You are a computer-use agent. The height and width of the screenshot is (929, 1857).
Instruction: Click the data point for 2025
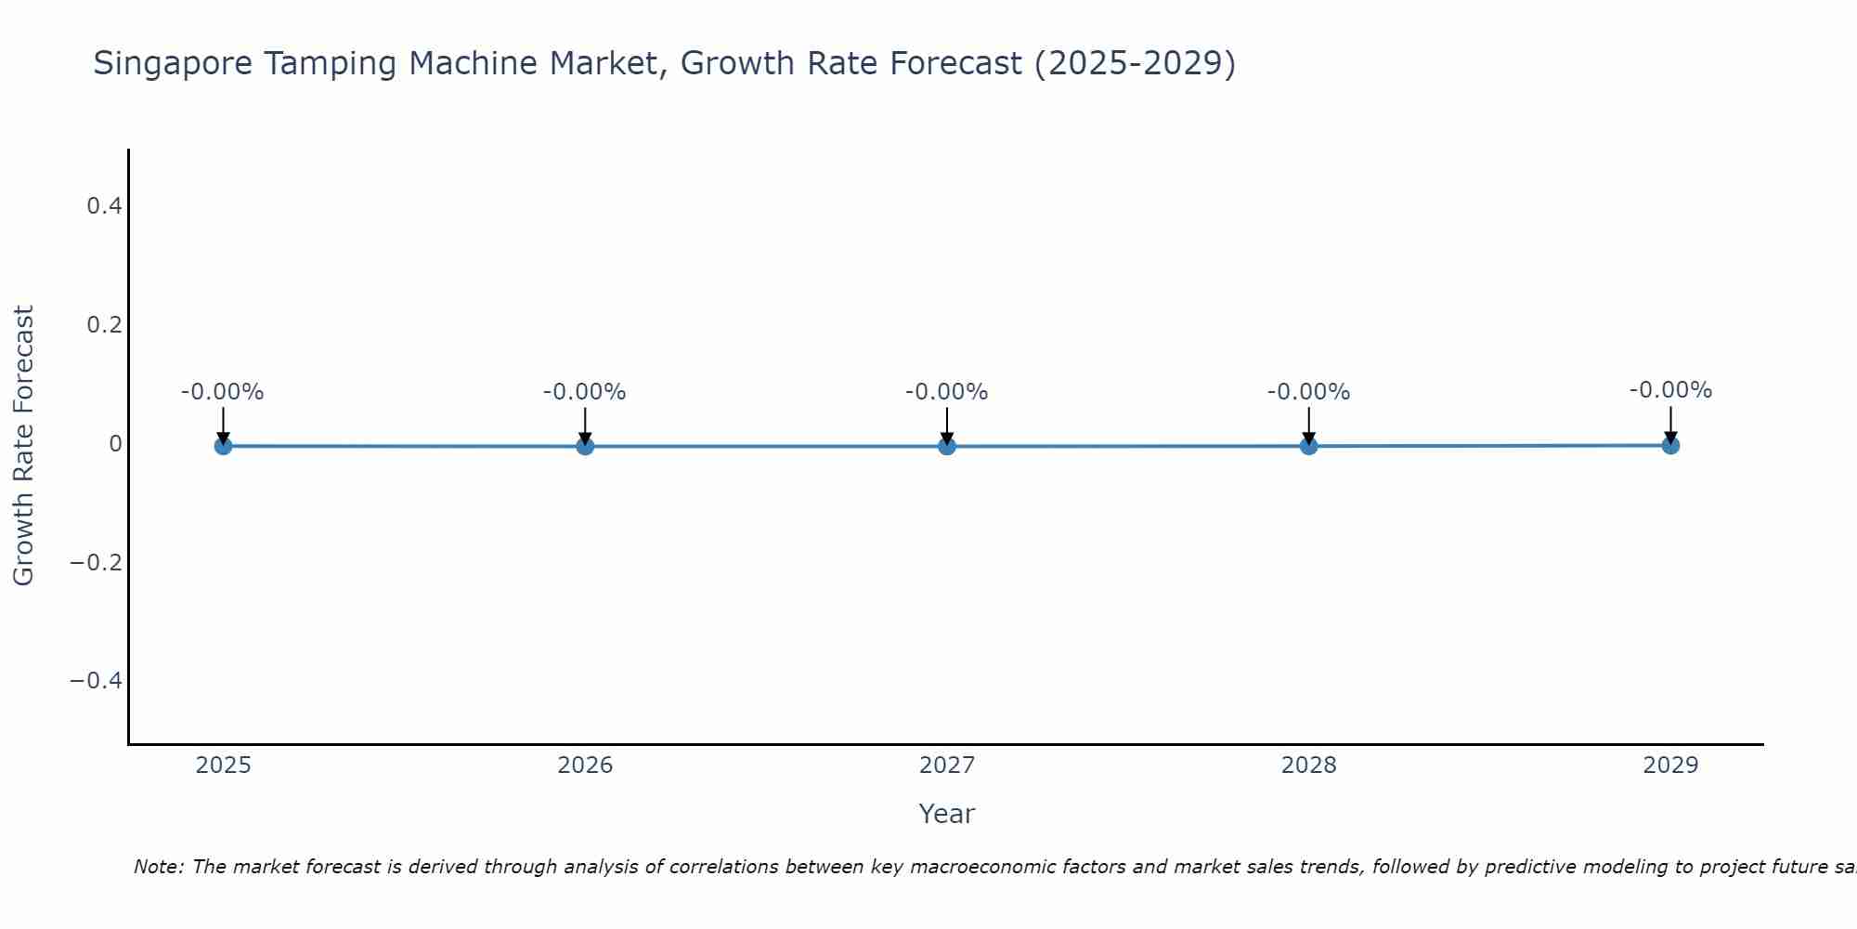point(223,446)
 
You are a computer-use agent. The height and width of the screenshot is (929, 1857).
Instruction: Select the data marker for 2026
point(585,446)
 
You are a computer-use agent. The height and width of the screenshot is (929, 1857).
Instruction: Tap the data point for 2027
point(947,446)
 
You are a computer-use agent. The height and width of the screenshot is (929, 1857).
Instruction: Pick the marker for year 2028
point(1308,446)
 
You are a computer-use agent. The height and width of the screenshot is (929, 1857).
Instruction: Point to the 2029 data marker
point(1670,445)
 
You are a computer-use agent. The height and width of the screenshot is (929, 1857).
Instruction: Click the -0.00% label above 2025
point(223,392)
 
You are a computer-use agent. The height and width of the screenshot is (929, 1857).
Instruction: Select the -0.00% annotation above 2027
point(947,392)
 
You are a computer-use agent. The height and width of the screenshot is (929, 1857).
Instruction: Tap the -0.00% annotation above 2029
point(1670,390)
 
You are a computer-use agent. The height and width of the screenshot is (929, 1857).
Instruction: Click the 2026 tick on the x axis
point(585,765)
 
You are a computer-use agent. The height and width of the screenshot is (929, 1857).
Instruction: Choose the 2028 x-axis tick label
point(1308,765)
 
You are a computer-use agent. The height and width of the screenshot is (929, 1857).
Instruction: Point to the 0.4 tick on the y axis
point(104,206)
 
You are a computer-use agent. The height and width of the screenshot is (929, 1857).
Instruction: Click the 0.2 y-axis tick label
point(104,325)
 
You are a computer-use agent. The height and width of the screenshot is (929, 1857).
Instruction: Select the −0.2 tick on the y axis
point(97,563)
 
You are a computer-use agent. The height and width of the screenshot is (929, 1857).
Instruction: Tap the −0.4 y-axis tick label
point(97,682)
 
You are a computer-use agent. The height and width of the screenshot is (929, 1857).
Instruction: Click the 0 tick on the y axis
point(115,444)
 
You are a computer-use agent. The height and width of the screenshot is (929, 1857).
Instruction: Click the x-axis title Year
point(946,814)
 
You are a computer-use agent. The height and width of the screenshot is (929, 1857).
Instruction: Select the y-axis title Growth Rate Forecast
point(24,446)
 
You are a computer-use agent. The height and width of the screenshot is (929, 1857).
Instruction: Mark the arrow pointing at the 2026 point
point(585,425)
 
